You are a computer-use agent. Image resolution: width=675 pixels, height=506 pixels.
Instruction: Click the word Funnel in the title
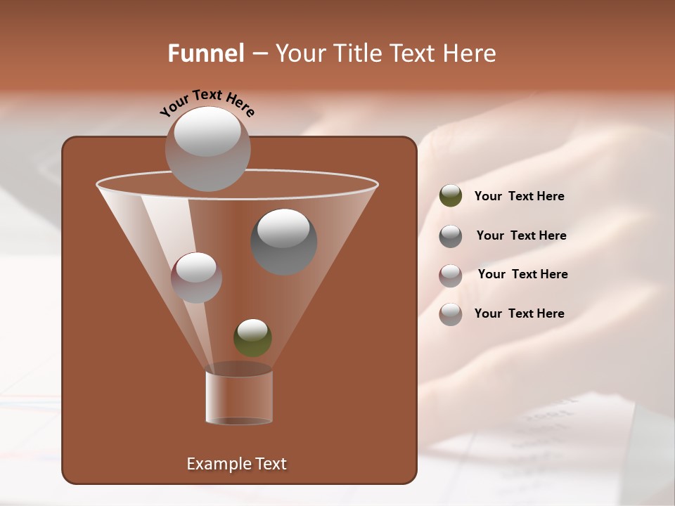pos(205,53)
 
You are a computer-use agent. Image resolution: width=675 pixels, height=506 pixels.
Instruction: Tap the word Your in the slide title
pos(297,53)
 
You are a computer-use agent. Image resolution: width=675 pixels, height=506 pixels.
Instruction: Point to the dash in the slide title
pos(259,53)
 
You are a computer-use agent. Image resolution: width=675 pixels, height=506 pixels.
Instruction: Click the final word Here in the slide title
pos(470,53)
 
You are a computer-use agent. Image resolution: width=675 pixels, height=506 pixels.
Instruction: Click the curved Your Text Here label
pos(207,103)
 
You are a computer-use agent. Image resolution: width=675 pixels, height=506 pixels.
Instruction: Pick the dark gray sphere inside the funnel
pos(283,242)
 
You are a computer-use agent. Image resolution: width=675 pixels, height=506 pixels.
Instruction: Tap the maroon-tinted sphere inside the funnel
pos(196,278)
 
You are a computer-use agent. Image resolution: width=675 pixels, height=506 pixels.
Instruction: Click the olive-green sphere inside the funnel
pos(252,339)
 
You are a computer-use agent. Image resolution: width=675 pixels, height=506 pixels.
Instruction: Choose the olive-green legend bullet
pos(451,196)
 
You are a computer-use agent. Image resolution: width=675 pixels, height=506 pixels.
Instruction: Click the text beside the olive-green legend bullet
pos(519,196)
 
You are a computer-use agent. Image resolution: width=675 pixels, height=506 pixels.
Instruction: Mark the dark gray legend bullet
pos(451,236)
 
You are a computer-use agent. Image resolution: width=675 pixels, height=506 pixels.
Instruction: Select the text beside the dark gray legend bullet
pos(521,235)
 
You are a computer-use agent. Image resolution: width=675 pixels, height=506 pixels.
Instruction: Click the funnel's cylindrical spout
pos(239,397)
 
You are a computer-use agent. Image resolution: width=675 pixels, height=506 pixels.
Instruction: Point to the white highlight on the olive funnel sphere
pos(252,328)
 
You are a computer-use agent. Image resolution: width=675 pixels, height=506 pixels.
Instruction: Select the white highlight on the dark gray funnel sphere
pos(283,227)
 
